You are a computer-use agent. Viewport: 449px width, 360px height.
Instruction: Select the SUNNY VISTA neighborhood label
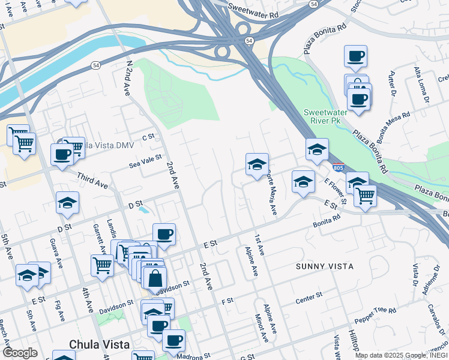click(x=324, y=266)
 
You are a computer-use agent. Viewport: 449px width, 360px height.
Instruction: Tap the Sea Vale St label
click(x=146, y=160)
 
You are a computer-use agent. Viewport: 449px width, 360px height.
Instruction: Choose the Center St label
click(x=310, y=297)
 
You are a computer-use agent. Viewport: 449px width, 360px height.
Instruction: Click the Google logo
click(x=20, y=353)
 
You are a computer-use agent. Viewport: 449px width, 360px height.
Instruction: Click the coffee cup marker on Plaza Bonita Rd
click(x=355, y=56)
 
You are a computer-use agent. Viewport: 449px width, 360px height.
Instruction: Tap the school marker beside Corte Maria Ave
click(x=257, y=164)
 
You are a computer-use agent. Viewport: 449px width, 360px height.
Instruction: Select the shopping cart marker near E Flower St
click(x=365, y=194)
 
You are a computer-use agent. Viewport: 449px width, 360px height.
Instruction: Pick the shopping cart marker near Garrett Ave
click(x=103, y=264)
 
